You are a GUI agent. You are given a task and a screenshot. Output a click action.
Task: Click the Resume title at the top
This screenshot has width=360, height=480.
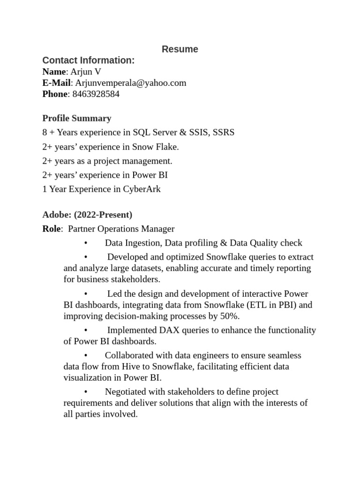tap(180, 49)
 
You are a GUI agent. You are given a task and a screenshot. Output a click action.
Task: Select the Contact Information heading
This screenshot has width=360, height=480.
tap(88, 60)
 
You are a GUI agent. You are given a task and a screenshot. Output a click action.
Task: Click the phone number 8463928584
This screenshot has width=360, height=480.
tap(96, 94)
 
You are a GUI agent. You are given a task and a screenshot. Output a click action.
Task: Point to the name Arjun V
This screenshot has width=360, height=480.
tap(85, 72)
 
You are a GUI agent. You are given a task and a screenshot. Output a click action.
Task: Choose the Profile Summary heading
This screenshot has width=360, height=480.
tap(77, 118)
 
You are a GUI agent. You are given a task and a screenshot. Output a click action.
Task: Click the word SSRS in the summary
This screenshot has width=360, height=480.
tap(224, 133)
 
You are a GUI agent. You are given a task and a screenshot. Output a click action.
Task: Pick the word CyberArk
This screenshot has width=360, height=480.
tap(142, 189)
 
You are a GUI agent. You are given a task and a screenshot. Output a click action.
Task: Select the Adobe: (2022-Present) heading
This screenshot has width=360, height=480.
tap(87, 215)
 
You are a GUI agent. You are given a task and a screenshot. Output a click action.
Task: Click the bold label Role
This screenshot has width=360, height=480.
tap(52, 229)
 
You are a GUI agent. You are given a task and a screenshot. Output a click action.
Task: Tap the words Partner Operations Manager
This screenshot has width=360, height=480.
tap(121, 229)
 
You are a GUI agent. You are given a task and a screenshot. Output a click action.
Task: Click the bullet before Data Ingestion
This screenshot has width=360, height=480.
tap(86, 243)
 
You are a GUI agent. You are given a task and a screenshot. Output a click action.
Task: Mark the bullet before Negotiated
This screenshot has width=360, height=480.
tap(86, 392)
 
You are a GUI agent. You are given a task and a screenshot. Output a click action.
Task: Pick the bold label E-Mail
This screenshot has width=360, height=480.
tap(56, 83)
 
